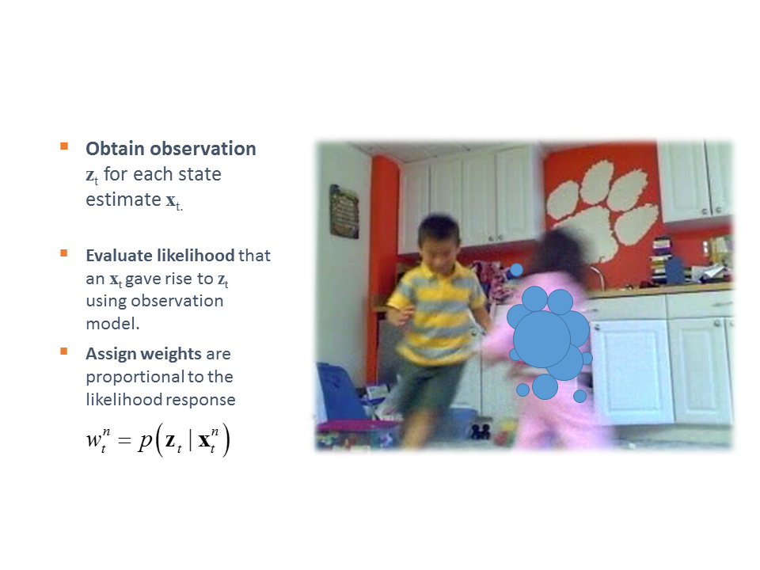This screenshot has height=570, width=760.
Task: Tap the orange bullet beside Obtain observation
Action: [x=64, y=146]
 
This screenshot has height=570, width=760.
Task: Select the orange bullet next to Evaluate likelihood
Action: [x=64, y=253]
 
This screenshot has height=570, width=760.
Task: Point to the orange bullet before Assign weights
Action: [x=64, y=351]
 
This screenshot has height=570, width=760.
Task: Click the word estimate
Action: [x=123, y=199]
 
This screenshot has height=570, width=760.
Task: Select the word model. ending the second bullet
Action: [x=112, y=323]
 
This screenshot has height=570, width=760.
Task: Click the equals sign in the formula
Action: [x=124, y=440]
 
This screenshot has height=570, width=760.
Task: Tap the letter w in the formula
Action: [x=93, y=440]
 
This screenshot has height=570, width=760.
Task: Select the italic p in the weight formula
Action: [x=145, y=442]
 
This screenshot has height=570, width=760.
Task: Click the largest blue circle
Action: [x=541, y=339]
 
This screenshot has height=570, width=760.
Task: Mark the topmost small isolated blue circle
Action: [x=517, y=270]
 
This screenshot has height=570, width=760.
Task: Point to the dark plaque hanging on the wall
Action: [x=344, y=211]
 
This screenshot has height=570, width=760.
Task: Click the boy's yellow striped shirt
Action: [x=437, y=310]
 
